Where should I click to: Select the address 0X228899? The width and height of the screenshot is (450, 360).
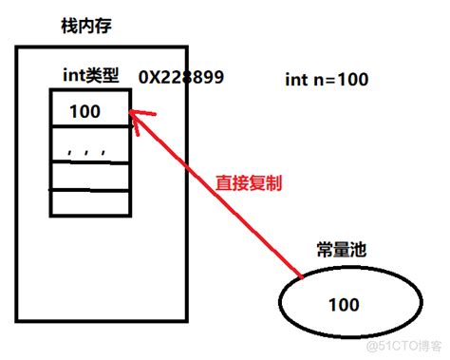181,77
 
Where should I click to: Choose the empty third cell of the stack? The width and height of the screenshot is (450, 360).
87,176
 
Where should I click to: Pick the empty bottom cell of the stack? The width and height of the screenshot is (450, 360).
87,203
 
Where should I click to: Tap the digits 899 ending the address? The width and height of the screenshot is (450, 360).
208,77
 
